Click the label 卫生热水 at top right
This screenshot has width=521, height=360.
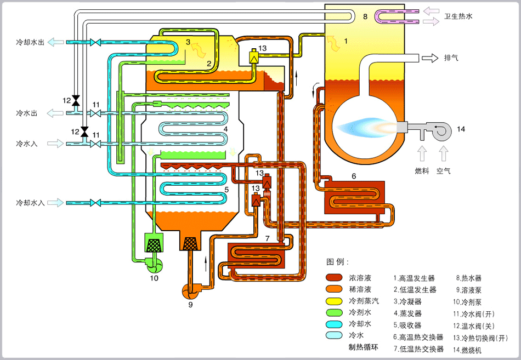pos(458,16)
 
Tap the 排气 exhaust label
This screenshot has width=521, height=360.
pos(451,58)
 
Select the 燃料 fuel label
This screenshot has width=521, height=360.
pos(422,171)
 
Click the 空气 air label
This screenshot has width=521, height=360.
pos(443,171)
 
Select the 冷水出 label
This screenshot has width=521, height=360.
pos(27,113)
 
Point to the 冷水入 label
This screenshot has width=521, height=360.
pos(27,144)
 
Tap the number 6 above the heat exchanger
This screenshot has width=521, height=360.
pos(354,176)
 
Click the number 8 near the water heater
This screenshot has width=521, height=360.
pos(365,17)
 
